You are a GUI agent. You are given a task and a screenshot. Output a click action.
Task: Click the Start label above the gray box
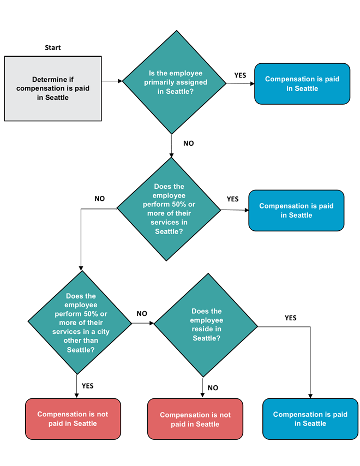pyautogui.click(x=53, y=47)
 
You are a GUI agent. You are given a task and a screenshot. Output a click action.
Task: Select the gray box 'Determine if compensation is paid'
pyautogui.click(x=53, y=88)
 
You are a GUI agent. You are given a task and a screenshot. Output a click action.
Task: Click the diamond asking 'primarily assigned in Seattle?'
pyautogui.click(x=173, y=82)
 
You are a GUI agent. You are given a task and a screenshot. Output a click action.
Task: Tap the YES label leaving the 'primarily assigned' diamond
pyautogui.click(x=241, y=75)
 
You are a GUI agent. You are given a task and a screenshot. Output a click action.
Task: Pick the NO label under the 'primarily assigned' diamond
pyautogui.click(x=188, y=144)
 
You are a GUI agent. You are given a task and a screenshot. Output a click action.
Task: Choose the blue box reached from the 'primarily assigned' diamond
pyautogui.click(x=302, y=83)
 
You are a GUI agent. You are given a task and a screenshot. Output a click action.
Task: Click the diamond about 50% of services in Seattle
pyautogui.click(x=169, y=209)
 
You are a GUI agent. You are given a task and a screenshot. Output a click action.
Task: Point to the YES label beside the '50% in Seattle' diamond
pyautogui.click(x=232, y=199)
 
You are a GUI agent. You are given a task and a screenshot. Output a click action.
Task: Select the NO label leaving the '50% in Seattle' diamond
pyautogui.click(x=99, y=199)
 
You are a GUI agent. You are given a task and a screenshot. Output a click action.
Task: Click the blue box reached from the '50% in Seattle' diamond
pyautogui.click(x=296, y=211)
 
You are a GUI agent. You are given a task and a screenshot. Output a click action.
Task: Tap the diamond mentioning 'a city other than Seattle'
pyautogui.click(x=80, y=322)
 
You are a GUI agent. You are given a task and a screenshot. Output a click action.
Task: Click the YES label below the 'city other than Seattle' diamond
pyautogui.click(x=88, y=386)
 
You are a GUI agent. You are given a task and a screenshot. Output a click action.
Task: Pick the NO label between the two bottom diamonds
pyautogui.click(x=142, y=314)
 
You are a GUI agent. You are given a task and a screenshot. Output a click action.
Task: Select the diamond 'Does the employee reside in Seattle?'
pyautogui.click(x=206, y=325)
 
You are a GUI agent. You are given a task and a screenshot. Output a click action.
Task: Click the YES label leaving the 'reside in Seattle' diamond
pyautogui.click(x=291, y=318)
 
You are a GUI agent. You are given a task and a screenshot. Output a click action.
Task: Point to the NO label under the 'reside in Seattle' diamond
pyautogui.click(x=213, y=388)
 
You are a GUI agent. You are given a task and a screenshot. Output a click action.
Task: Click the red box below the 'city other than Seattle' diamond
pyautogui.click(x=73, y=419)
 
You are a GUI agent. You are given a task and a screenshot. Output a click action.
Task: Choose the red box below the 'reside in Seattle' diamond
pyautogui.click(x=195, y=420)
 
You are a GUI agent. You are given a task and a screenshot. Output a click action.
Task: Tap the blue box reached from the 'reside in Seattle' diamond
pyautogui.click(x=310, y=419)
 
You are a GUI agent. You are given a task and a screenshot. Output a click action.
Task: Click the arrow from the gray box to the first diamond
pyautogui.click(x=112, y=81)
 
